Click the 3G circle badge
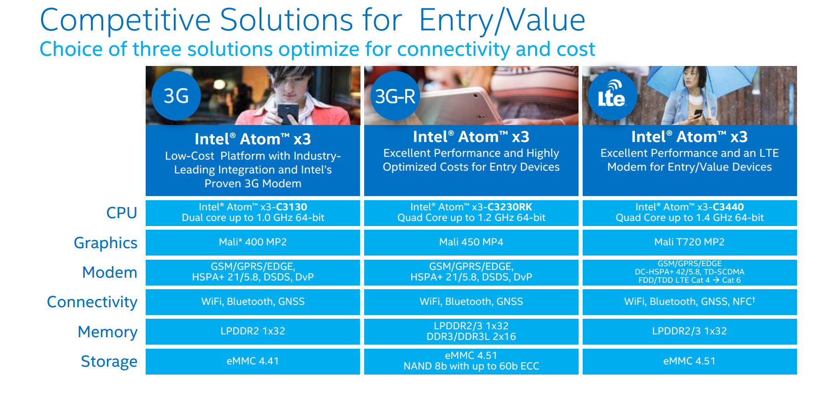pos(176,96)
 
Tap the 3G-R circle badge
pos(395,96)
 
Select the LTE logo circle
pos(613,96)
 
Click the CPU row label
pos(122,213)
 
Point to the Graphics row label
pos(106,243)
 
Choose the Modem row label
pos(110,272)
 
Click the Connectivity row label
pos(92,302)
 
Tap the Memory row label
pos(108,332)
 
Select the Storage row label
pos(109,361)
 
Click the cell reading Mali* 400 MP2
pos(253,243)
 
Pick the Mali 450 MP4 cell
pos(471,243)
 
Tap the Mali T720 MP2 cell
pos(690,243)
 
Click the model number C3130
pos(291,207)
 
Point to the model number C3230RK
pos(510,207)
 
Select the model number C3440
pos(728,207)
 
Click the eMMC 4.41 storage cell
pos(253,361)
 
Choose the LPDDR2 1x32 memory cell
pos(253,332)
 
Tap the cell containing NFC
pos(690,302)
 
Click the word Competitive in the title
pos(125,21)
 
